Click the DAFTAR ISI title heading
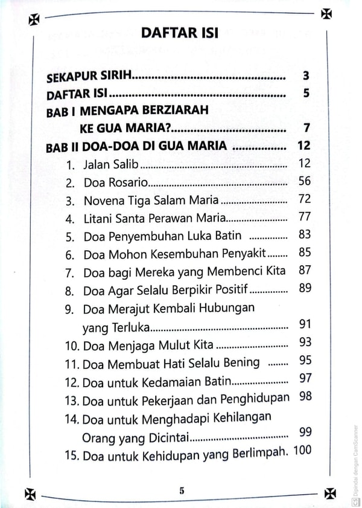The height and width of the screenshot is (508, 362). pyautogui.click(x=180, y=33)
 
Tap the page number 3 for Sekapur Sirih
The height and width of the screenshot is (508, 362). pyautogui.click(x=306, y=77)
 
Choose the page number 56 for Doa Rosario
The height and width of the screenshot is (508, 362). pyautogui.click(x=305, y=181)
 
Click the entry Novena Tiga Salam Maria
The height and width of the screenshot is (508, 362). pyautogui.click(x=152, y=200)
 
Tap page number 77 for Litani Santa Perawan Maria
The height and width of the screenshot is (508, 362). pyautogui.click(x=305, y=216)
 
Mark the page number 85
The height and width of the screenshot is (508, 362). pyautogui.click(x=305, y=252)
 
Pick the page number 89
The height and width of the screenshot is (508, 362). pyautogui.click(x=305, y=288)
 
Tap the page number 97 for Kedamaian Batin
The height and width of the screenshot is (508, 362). pyautogui.click(x=305, y=379)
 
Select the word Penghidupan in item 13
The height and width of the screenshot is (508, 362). pyautogui.click(x=256, y=399)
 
